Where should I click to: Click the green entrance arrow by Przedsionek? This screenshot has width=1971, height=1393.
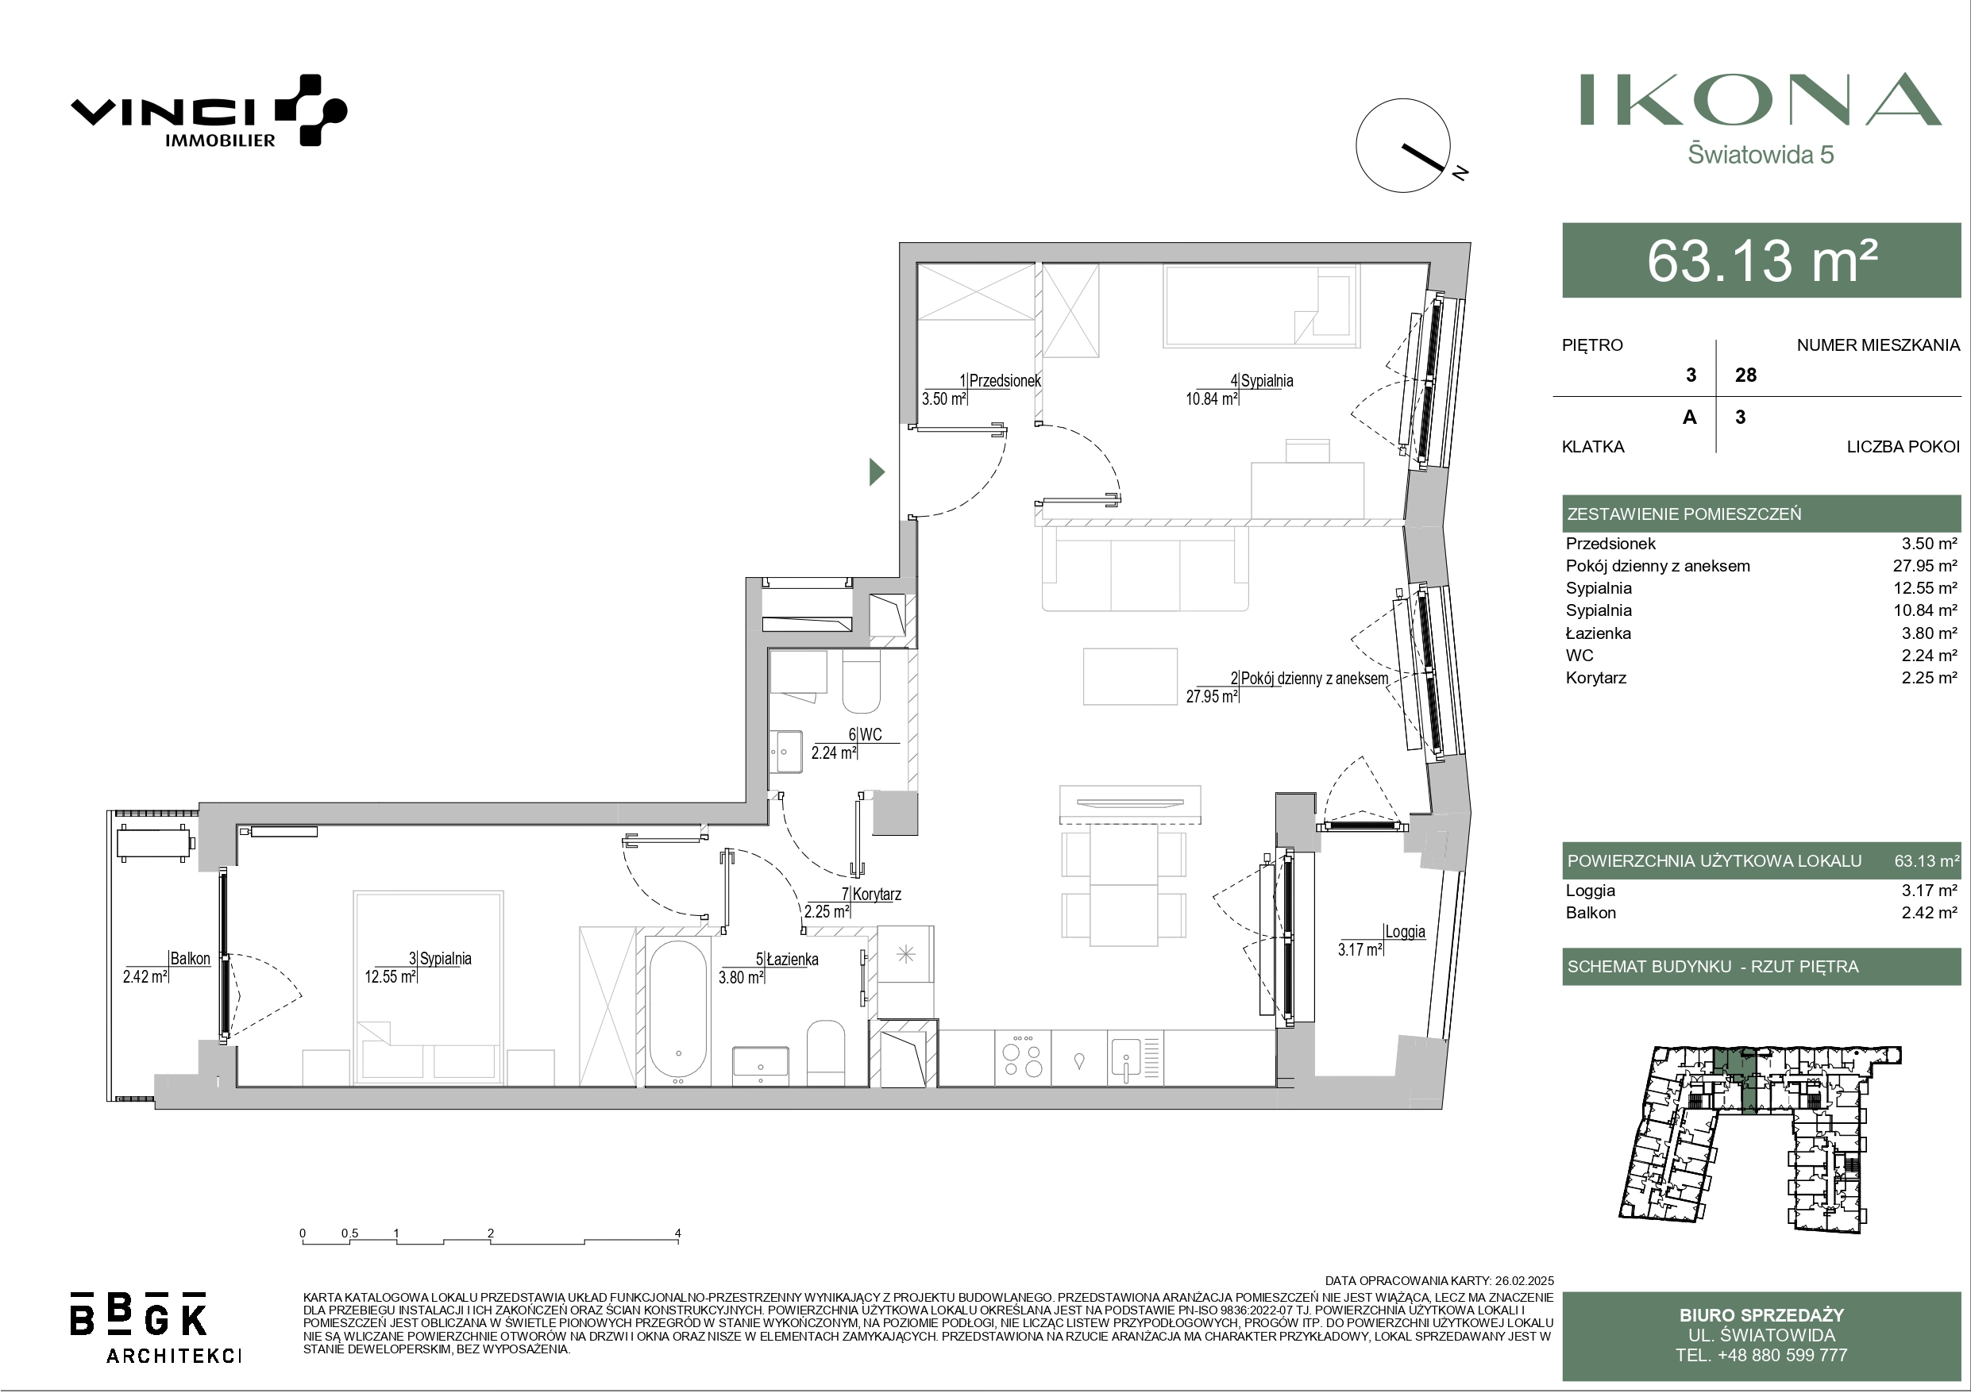(877, 472)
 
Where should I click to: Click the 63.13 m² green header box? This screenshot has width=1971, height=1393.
(1761, 260)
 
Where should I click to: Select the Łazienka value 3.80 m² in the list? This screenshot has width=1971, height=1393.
(1929, 633)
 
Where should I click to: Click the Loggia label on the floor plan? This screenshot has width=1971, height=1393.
(1406, 932)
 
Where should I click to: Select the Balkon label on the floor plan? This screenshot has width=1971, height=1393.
(191, 959)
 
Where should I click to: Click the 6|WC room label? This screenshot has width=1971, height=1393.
(866, 735)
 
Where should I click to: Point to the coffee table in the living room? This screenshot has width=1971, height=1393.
(1130, 676)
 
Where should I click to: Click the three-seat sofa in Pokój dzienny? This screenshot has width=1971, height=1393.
(1145, 568)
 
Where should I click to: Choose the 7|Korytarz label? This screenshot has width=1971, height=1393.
(871, 895)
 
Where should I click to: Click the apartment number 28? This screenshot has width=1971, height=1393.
(1745, 375)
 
